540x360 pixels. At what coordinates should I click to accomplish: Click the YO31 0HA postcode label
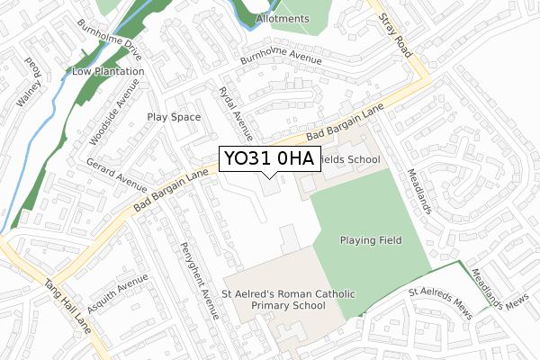[268, 159]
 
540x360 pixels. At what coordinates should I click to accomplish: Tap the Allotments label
[283, 19]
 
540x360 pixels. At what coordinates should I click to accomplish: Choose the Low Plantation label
[108, 71]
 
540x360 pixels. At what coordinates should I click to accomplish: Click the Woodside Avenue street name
[115, 112]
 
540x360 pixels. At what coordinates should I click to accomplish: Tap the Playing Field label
[371, 240]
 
